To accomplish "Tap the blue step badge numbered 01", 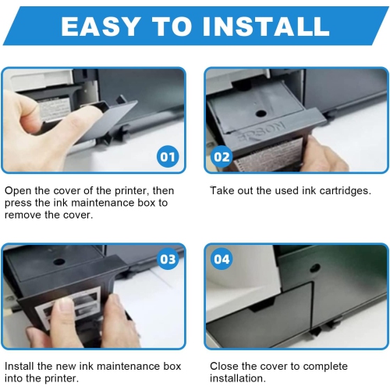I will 168,156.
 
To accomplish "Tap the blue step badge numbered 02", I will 222,156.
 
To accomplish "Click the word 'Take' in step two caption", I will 222,191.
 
